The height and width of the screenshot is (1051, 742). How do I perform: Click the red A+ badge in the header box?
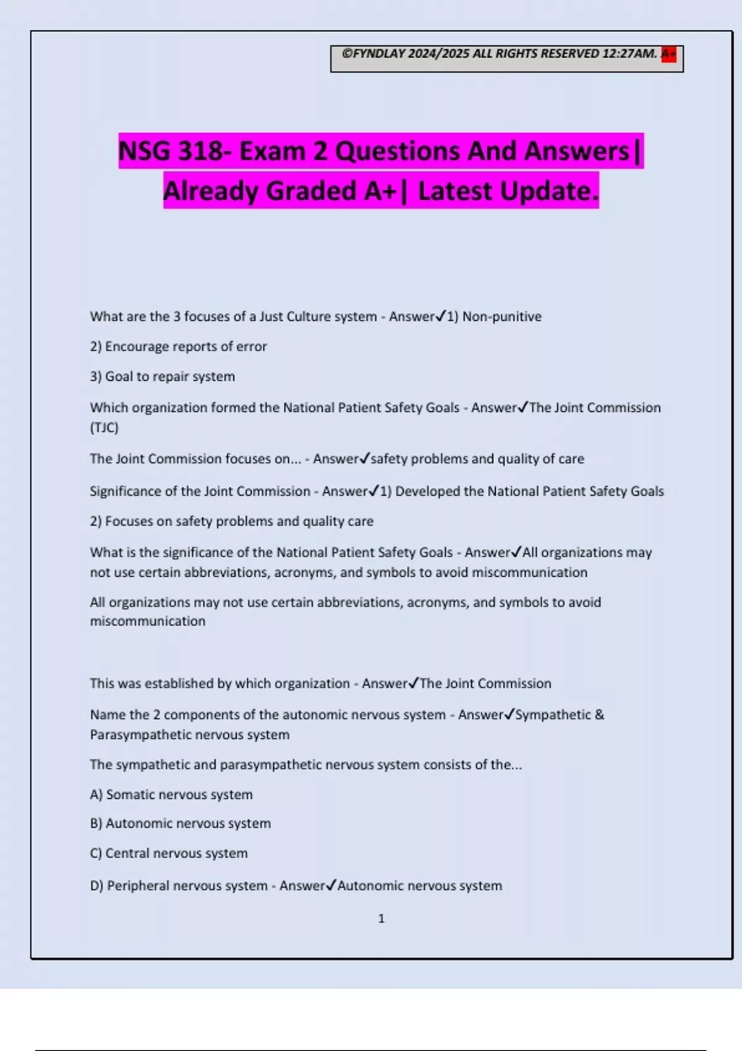point(668,54)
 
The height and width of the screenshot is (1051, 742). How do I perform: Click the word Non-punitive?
point(501,317)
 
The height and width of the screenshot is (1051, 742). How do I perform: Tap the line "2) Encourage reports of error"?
point(178,346)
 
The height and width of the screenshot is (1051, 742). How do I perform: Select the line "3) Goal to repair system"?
point(162,377)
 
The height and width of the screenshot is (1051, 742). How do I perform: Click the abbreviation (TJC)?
point(104,427)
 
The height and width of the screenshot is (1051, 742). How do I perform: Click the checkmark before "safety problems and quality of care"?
point(364,458)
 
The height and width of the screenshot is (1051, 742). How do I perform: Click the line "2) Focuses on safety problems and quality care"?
point(231,521)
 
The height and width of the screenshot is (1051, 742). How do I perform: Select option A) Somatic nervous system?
point(171,794)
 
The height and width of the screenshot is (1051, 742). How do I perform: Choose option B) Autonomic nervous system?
point(180,823)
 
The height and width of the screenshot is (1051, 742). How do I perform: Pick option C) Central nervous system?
point(169,853)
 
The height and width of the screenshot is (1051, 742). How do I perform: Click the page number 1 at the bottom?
point(381,919)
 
